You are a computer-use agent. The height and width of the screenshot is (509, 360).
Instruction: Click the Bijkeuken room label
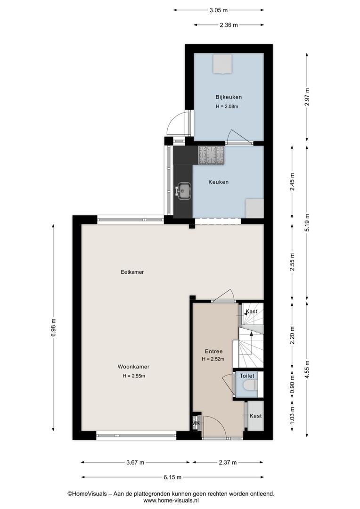pyautogui.click(x=229, y=97)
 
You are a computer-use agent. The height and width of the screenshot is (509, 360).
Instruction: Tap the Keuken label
pyautogui.click(x=219, y=182)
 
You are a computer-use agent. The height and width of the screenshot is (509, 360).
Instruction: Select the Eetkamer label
pyautogui.click(x=132, y=272)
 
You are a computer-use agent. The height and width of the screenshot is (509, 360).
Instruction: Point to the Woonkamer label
pyautogui.click(x=133, y=367)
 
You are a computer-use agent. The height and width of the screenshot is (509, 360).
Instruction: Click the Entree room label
pyautogui.click(x=213, y=351)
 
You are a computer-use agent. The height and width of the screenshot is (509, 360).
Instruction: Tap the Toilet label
pyautogui.click(x=247, y=376)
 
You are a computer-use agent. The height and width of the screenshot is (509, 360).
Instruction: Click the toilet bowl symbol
pyautogui.click(x=250, y=385)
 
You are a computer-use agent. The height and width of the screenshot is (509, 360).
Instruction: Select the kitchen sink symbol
pyautogui.click(x=184, y=190)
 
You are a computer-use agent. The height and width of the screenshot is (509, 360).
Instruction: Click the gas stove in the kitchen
pyautogui.click(x=211, y=155)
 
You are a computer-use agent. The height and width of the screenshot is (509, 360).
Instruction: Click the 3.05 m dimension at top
pyautogui.click(x=219, y=10)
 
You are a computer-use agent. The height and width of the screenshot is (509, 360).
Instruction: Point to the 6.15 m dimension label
pyautogui.click(x=172, y=477)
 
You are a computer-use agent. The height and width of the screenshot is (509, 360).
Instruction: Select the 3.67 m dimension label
pyautogui.click(x=135, y=463)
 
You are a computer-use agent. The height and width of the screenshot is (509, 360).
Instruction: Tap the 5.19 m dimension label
pyautogui.click(x=307, y=222)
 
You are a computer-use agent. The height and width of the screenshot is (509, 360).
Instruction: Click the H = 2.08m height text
pyautogui.click(x=227, y=107)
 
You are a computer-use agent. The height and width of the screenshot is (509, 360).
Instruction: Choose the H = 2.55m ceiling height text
pyautogui.click(x=134, y=376)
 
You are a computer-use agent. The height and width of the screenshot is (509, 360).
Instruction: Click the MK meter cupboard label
pyautogui.click(x=196, y=423)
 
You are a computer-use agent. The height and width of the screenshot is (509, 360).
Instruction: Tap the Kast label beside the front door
pyautogui.click(x=256, y=416)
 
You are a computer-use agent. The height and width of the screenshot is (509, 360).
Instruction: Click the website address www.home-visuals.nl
pyautogui.click(x=171, y=501)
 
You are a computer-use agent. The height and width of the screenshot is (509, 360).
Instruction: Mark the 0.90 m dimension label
pyautogui.click(x=293, y=385)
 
